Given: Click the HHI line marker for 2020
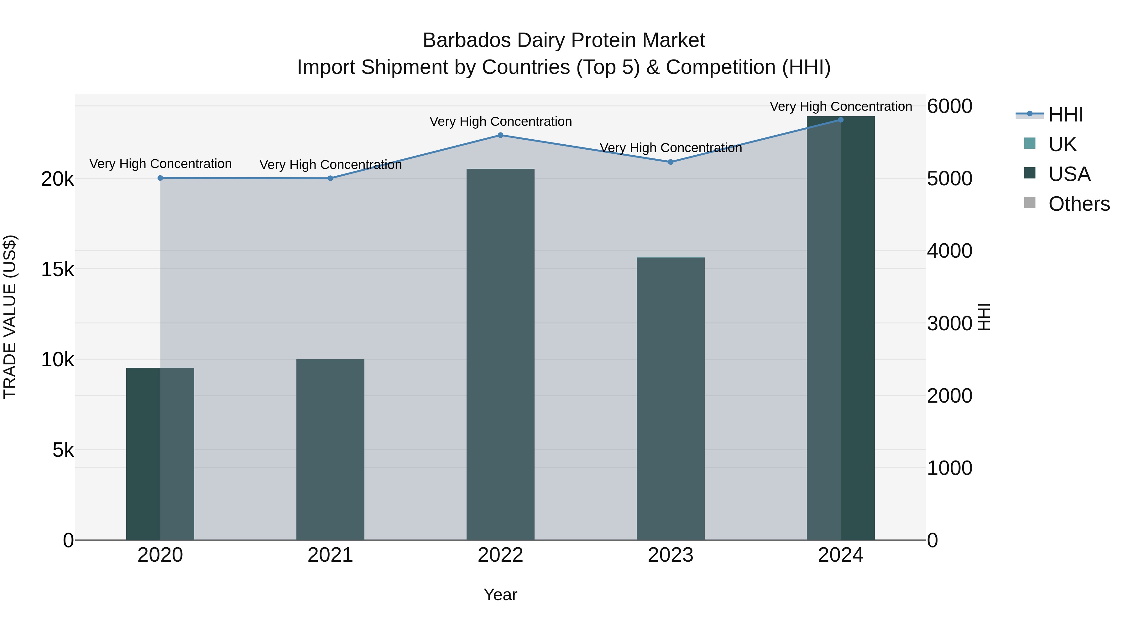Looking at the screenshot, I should (x=160, y=178).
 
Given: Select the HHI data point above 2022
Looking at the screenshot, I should (x=500, y=135).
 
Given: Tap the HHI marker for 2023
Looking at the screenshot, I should (x=671, y=162).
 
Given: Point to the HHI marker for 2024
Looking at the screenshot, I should (x=840, y=120).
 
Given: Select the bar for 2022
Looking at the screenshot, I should (x=500, y=354).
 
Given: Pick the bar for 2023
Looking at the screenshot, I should (x=671, y=399).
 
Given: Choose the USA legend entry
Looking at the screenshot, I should (x=1069, y=174).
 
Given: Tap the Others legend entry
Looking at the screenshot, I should (x=1079, y=204).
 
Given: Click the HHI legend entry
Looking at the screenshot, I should (x=1065, y=115).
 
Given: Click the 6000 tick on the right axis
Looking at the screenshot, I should (x=949, y=106).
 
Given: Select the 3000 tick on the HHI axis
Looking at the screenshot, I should (x=949, y=324).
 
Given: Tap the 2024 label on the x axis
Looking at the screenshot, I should (x=840, y=555).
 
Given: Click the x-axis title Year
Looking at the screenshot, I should (x=500, y=595).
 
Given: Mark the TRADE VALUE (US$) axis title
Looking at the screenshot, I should (x=10, y=317).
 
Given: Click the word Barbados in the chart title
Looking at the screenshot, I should (x=467, y=40).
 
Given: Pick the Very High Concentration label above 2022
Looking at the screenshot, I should (x=500, y=122).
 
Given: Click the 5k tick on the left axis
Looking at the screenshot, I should (x=63, y=450).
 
